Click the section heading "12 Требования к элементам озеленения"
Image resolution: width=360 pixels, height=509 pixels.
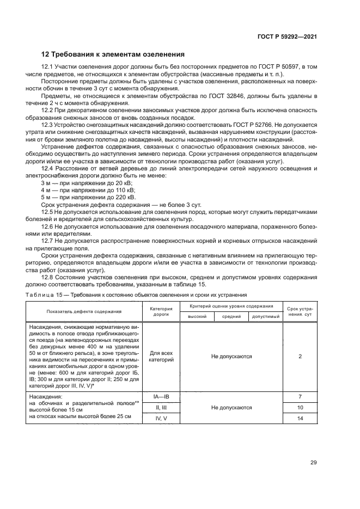(113, 54)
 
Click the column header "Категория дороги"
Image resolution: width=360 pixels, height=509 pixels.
(161, 311)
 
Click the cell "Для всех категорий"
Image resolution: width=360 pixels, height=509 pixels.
(161, 357)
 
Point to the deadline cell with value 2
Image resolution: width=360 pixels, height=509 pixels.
(300, 357)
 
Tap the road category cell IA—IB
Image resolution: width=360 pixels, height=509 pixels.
(161, 397)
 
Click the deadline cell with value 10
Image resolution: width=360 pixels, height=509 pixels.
(300, 407)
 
